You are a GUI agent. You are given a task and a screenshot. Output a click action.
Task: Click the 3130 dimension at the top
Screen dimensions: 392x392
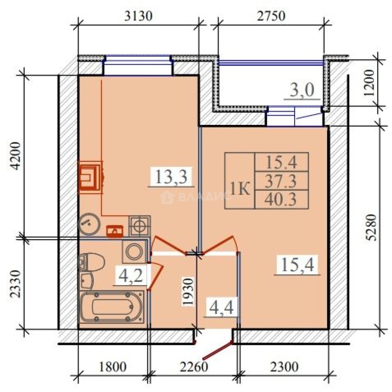[x=138, y=16]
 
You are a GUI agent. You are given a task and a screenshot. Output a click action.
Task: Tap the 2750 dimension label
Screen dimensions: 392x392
[x=271, y=16]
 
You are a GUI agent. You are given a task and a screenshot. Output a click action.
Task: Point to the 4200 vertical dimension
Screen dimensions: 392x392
[x=15, y=156]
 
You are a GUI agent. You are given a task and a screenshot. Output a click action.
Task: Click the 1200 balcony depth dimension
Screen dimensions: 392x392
[x=369, y=83]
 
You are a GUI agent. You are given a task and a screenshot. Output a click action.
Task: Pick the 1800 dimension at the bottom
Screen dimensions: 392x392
[x=113, y=367]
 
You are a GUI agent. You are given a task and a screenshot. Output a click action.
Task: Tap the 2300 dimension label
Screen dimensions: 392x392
[x=284, y=367]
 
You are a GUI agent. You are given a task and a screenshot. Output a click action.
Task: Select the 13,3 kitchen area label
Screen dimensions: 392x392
[x=171, y=176]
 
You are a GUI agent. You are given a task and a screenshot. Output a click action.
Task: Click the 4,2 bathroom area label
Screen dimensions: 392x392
[x=131, y=275]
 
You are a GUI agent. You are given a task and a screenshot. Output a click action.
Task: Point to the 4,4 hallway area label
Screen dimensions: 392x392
[x=221, y=307]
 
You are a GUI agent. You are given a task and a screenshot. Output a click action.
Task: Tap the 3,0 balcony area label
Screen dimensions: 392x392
[x=302, y=90]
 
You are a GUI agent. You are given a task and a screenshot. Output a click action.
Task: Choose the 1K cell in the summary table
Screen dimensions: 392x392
[x=240, y=189]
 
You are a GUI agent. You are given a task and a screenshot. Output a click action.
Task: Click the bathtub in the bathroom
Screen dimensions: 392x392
[x=112, y=307]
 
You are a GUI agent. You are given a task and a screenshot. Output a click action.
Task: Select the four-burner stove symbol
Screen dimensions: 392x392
[x=140, y=226]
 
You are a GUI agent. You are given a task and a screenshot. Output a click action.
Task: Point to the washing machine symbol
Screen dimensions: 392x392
[x=134, y=251]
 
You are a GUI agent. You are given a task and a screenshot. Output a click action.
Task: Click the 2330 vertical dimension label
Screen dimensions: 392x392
[x=15, y=283]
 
